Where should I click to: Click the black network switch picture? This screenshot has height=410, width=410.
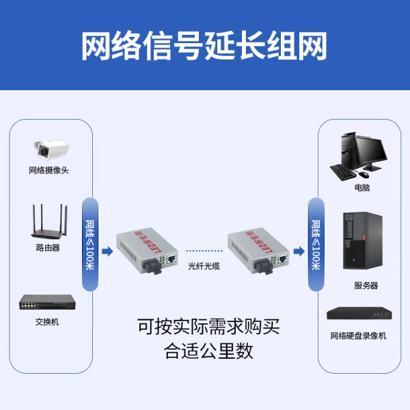46,302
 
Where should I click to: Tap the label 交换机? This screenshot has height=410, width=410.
47,321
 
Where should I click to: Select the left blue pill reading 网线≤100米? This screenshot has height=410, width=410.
90,244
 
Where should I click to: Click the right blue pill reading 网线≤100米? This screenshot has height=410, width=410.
316,244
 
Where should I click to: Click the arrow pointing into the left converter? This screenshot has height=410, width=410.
107,251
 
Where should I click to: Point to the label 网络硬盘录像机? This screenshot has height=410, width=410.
358,336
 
